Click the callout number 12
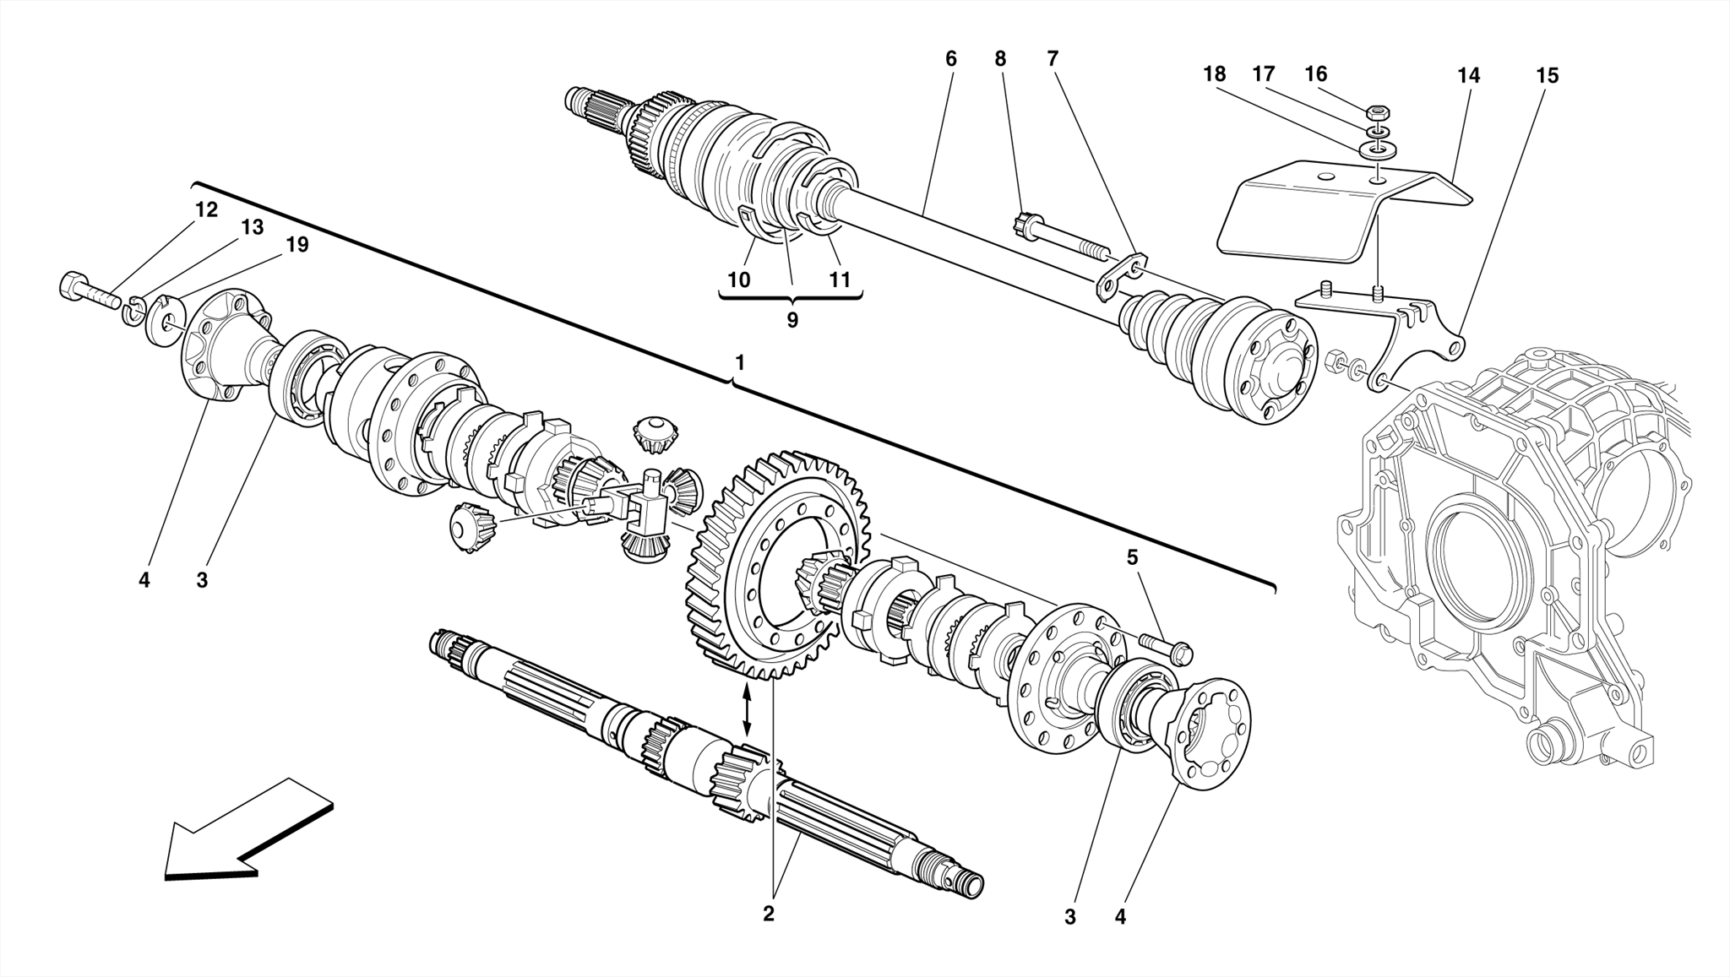[206, 209]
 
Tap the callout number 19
[297, 245]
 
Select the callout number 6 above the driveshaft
[951, 59]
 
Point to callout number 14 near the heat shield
[1468, 76]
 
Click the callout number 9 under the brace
[792, 321]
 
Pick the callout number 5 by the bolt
[1132, 557]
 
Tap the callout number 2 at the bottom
[768, 914]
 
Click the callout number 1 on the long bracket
[740, 363]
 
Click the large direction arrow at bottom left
[245, 832]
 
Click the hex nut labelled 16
[1379, 112]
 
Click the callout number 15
[1546, 76]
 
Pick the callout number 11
[839, 280]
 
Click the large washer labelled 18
[1378, 150]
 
